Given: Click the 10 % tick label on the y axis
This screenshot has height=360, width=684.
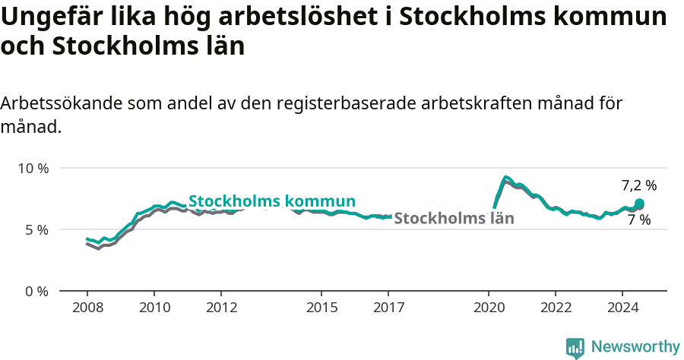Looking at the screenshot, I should (33, 168).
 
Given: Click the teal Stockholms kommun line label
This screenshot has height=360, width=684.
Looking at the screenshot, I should (272, 201).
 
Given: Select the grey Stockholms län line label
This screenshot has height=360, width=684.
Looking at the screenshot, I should (454, 219).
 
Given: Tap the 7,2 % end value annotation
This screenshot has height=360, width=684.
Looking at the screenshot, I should (638, 185).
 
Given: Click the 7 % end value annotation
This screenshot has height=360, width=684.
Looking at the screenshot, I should (639, 220).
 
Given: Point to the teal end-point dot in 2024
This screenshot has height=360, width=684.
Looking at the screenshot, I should (639, 204).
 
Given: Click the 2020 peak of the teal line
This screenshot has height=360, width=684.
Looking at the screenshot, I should (506, 177).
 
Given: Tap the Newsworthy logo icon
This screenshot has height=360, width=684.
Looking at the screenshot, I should (575, 348).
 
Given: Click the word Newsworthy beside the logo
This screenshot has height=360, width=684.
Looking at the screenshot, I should (635, 347).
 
